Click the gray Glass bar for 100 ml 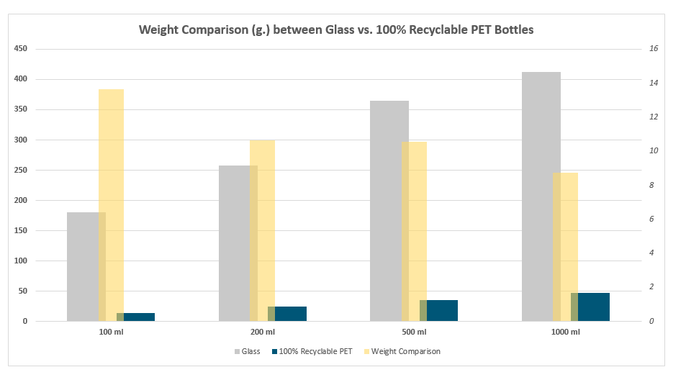pyautogui.click(x=82, y=266)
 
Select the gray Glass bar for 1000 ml pyautogui.click(x=537, y=194)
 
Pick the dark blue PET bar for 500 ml pyautogui.click(x=442, y=310)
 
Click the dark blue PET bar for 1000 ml pyautogui.click(x=594, y=307)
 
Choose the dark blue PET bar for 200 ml pyautogui.click(x=291, y=314)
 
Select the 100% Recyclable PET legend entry pyautogui.click(x=311, y=351)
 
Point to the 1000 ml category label pyautogui.click(x=565, y=332)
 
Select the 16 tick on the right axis pyautogui.click(x=654, y=49)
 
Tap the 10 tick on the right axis pyautogui.click(x=654, y=151)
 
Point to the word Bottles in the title pyautogui.click(x=513, y=30)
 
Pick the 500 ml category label pyautogui.click(x=414, y=332)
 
